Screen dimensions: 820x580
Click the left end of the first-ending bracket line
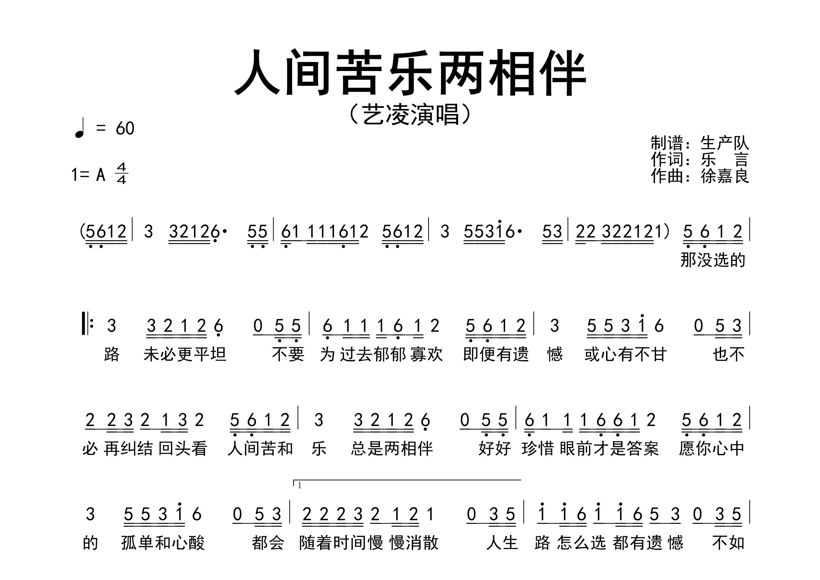[x=294, y=480]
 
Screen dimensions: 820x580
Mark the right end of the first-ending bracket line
[x=521, y=480]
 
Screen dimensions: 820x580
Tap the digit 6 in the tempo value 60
[x=120, y=128]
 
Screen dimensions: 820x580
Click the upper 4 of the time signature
[x=121, y=167]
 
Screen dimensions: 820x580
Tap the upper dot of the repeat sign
[x=92, y=320]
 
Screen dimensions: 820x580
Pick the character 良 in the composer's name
[x=741, y=176]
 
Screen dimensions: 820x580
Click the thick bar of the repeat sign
[x=84, y=324]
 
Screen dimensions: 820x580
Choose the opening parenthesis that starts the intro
[x=82, y=232]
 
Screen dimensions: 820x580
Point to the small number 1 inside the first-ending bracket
[x=299, y=486]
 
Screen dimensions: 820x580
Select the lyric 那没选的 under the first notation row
[x=713, y=260]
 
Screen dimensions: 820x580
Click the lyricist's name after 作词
[x=725, y=160]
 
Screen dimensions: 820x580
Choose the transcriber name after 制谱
[x=725, y=143]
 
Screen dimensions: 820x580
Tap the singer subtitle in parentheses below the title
[x=410, y=115]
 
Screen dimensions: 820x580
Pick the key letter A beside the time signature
[x=101, y=175]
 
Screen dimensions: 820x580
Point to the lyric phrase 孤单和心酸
[x=163, y=543]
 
